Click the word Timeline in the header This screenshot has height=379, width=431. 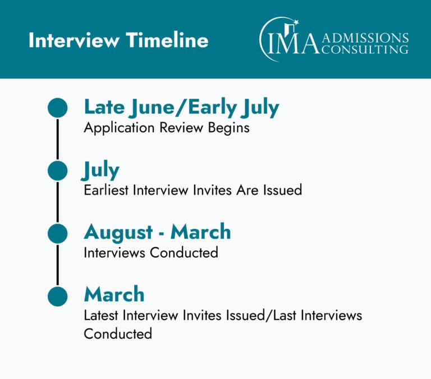(167, 40)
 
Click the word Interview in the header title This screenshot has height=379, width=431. (74, 40)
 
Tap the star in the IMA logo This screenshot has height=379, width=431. (296, 22)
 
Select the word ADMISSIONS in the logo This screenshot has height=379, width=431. (365, 38)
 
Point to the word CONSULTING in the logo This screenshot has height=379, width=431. (364, 49)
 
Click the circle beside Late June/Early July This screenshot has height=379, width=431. (57, 108)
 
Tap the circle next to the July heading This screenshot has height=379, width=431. (57, 170)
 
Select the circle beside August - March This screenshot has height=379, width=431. (57, 233)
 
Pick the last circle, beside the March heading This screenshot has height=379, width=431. (57, 297)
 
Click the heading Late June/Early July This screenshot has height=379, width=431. (181, 108)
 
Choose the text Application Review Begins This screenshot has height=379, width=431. (167, 128)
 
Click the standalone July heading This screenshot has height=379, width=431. (100, 170)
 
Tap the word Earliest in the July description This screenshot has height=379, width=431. (106, 190)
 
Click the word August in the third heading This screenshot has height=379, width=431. (118, 233)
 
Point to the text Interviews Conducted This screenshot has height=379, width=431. (151, 253)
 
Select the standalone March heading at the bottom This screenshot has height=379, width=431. (114, 294)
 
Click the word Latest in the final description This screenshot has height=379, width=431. (101, 315)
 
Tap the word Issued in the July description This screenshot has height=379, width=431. (283, 190)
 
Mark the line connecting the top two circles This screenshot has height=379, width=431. (57, 139)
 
